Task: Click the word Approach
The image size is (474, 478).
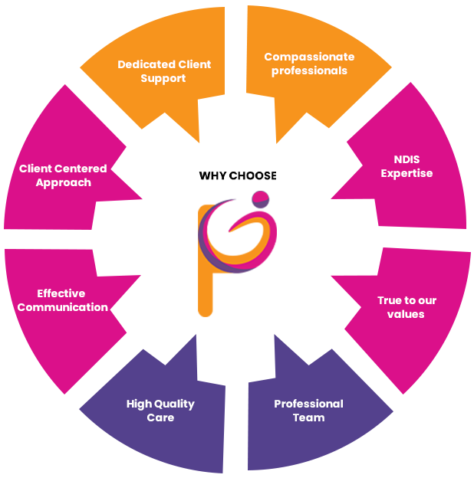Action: click(64, 182)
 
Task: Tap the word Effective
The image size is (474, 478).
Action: click(61, 293)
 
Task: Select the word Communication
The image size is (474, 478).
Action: click(63, 307)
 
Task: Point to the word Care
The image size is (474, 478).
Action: click(160, 417)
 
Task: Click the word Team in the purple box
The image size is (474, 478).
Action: click(308, 417)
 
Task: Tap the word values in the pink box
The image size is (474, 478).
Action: click(406, 314)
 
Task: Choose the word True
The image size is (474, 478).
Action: click(390, 300)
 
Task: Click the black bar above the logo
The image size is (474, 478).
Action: click(237, 175)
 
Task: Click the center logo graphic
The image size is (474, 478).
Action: click(237, 253)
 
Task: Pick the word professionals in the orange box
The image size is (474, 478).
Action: click(309, 70)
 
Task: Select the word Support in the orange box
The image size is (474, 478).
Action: click(163, 78)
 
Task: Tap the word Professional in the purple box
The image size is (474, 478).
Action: click(308, 404)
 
